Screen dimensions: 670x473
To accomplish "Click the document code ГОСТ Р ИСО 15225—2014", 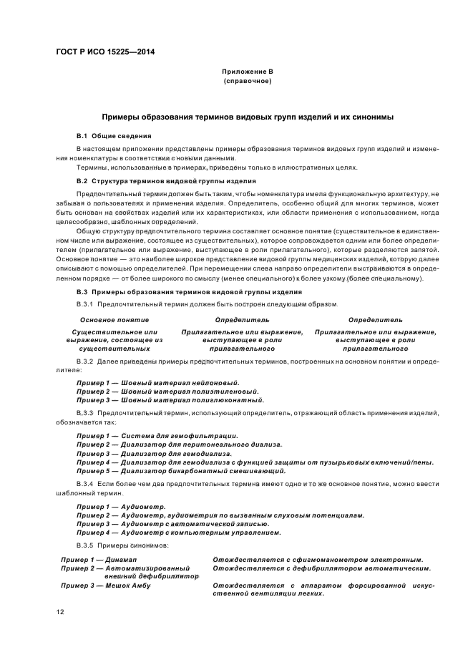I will point(106,52).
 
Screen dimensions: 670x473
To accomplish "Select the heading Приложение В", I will point(247,72).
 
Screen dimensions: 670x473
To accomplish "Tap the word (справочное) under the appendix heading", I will point(247,81).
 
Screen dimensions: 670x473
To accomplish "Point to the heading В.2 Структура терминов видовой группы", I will point(166,181).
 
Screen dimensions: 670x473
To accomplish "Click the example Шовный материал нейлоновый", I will point(180,384).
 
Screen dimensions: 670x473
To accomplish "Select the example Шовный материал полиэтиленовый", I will point(187,392).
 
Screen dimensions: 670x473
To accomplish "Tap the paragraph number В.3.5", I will point(85,545).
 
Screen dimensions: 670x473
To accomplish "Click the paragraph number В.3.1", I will point(85,305).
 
